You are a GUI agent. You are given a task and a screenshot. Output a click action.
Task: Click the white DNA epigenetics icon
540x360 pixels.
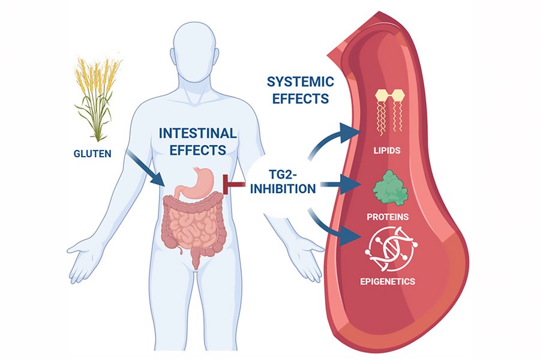click(391, 249)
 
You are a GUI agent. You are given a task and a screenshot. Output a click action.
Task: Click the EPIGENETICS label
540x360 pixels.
click(392, 281)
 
